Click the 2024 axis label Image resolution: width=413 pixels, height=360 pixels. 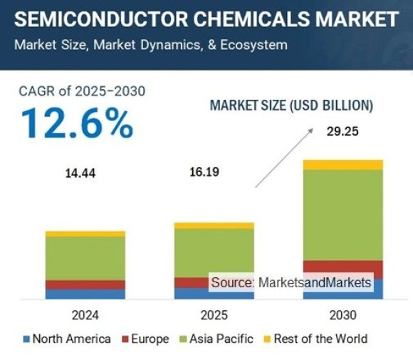(85, 314)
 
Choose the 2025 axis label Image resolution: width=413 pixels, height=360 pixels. (214, 314)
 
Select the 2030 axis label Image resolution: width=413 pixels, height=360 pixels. (343, 314)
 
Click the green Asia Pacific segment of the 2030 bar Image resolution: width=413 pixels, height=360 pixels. (343, 215)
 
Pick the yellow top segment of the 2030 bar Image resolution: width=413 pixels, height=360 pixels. (343, 165)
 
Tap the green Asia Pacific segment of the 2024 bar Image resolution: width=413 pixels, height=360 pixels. (85, 257)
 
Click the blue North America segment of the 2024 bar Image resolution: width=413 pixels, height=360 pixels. (85, 294)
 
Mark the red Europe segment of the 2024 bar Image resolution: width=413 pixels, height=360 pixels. (85, 284)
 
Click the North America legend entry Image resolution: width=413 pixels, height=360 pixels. (67, 339)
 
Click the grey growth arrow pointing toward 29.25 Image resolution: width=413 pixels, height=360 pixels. (284, 158)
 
